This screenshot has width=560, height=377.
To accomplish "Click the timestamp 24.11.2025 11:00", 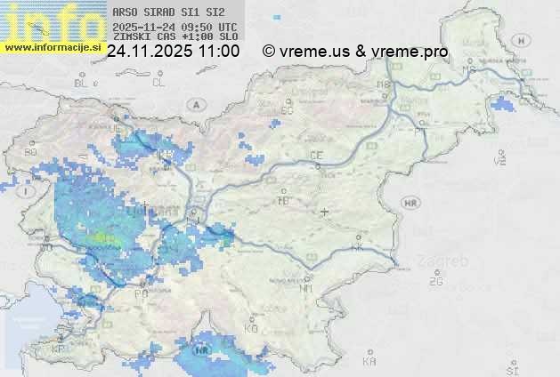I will coord(173,52).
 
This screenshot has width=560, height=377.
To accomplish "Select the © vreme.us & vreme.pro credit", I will coord(355,52).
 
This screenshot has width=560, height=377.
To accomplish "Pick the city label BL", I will coord(82,83).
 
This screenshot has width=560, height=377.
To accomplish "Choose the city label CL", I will coord(158,83).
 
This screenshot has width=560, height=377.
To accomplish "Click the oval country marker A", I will coord(194,104).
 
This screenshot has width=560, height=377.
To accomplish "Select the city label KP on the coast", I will coord(59,349).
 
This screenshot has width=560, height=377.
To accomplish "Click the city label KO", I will coord(251,328).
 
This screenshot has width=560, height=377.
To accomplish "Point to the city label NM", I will coord(307,288).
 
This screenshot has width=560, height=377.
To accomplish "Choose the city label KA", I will coord(369,361).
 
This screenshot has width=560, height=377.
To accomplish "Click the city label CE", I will coord(315,155).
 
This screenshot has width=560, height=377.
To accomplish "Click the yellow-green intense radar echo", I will coord(105,238).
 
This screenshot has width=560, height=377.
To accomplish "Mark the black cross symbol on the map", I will coord(324,212).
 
